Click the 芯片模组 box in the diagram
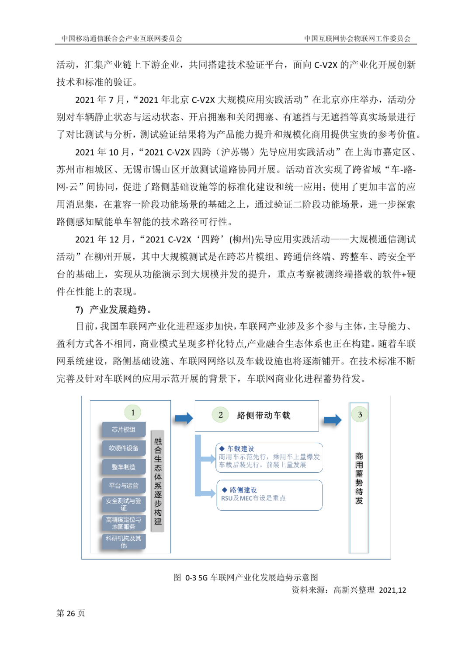tap(124, 430)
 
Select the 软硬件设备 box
tap(124, 448)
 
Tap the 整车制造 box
tap(124, 467)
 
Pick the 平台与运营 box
tap(124, 486)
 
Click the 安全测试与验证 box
tap(124, 504)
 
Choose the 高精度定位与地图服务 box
tap(124, 523)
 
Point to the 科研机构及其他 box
tap(124, 542)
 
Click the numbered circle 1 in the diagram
tap(133, 413)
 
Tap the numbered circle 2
tap(221, 415)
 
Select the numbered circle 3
tap(360, 414)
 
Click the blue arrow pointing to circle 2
tap(184, 419)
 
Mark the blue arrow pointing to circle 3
tap(333, 420)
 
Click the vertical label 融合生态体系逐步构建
tap(158, 481)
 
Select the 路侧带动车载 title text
tap(264, 416)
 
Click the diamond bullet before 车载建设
tap(222, 448)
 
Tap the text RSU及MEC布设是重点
tap(253, 498)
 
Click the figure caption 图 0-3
tap(246, 577)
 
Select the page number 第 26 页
tap(71, 613)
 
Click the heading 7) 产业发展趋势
tap(114, 310)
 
